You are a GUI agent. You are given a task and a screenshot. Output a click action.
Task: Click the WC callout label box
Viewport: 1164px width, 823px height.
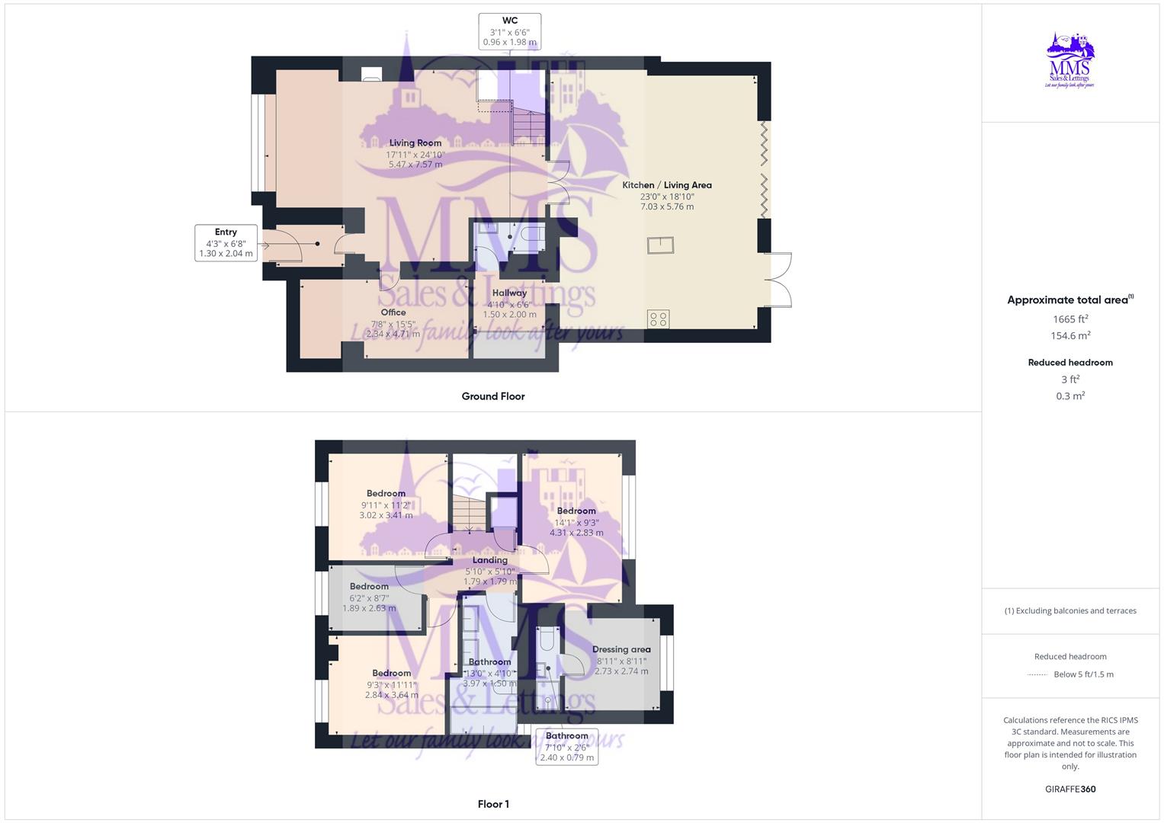point(510,31)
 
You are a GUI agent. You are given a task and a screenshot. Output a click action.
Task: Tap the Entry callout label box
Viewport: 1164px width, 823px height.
point(226,243)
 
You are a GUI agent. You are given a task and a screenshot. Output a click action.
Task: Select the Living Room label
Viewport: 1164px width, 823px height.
point(415,153)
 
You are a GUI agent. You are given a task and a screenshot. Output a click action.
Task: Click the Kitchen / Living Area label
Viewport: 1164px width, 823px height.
point(667,195)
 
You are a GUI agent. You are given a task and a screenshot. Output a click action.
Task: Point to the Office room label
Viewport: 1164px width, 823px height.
point(393,322)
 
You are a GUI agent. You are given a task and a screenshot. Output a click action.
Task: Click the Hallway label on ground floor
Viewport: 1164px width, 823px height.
point(509,303)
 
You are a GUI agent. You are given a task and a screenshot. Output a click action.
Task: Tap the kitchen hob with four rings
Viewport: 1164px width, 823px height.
point(659,319)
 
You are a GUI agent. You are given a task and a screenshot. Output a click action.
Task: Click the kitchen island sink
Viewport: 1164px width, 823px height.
point(660,245)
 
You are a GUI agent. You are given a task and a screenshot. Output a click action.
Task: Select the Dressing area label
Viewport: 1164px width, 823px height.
point(621,660)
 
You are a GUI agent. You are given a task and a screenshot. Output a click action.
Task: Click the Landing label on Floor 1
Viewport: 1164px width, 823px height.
point(490,571)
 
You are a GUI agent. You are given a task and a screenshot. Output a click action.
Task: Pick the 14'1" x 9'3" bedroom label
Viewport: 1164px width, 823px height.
point(576,522)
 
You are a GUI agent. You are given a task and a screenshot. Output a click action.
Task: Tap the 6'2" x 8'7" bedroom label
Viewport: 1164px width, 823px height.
point(369,597)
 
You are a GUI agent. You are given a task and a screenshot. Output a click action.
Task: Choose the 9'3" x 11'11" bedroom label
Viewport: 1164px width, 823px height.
point(392,684)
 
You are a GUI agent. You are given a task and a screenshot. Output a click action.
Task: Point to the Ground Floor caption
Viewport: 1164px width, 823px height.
point(493,396)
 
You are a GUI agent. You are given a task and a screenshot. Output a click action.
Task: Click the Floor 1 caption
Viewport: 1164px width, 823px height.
point(493,804)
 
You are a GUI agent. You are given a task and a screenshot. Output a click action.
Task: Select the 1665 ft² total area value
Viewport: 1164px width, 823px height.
point(1070,319)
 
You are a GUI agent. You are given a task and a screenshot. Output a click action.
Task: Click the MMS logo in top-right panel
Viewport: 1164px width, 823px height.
point(1070,61)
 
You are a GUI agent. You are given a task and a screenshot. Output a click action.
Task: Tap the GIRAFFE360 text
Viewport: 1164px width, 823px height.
point(1070,789)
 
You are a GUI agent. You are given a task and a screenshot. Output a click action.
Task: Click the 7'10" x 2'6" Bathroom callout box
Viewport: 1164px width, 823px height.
point(567,747)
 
